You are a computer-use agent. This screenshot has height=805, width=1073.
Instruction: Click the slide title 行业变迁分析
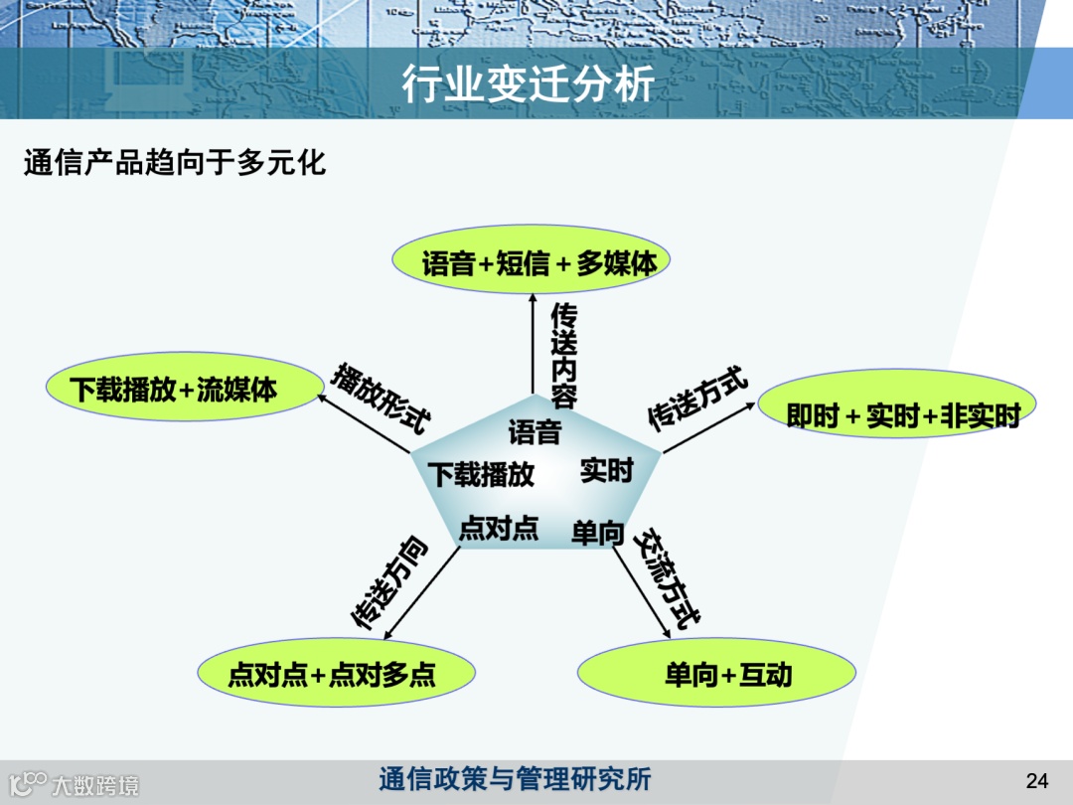point(528,84)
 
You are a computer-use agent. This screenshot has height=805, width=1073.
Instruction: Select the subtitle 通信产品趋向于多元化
point(175,162)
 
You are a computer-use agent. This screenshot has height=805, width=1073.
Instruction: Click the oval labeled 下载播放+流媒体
point(174,389)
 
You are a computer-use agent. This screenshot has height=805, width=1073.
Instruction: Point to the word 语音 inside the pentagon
point(535,432)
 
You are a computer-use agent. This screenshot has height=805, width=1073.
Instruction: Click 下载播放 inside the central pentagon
point(481,474)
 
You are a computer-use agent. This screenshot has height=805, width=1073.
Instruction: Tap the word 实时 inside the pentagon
point(606,470)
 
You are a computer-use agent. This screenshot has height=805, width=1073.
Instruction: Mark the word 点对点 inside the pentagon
point(498,529)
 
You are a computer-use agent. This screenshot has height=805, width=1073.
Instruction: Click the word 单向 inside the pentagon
point(597,534)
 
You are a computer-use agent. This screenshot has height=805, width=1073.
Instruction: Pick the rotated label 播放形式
point(381,398)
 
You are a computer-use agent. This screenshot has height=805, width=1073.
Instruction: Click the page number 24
point(1036,781)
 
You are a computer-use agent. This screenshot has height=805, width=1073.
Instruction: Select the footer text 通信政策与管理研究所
point(515,779)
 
